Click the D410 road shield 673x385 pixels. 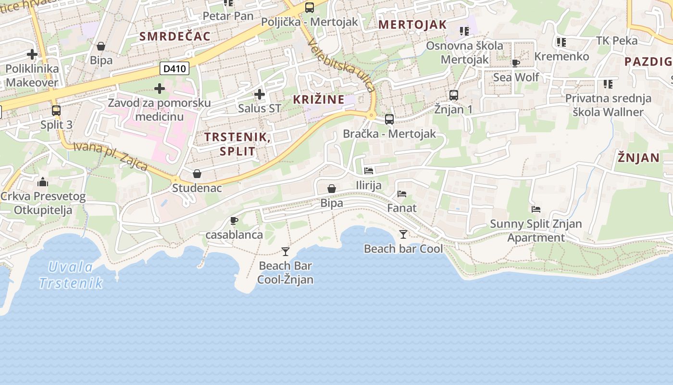(x=174, y=68)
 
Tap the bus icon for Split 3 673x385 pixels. (x=56, y=111)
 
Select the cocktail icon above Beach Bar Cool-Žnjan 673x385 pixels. (x=286, y=251)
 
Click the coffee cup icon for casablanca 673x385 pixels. (x=234, y=221)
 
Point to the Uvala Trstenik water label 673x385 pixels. (x=71, y=275)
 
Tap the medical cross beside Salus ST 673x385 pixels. (x=260, y=94)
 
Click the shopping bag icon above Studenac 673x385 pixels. (x=197, y=174)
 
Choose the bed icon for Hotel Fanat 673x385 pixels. (x=402, y=194)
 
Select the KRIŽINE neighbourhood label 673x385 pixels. (x=319, y=100)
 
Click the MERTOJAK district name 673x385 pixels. (x=412, y=25)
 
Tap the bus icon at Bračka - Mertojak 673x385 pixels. (x=389, y=119)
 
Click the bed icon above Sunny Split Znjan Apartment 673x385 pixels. (x=536, y=209)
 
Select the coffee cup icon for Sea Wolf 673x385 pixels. (x=516, y=63)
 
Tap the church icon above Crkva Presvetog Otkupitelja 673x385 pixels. (x=43, y=182)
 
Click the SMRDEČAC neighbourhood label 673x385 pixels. (x=175, y=36)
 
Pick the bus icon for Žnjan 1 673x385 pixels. (x=453, y=95)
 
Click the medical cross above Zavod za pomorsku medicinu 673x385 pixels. (x=160, y=89)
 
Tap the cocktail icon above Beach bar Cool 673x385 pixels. (x=403, y=234)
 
